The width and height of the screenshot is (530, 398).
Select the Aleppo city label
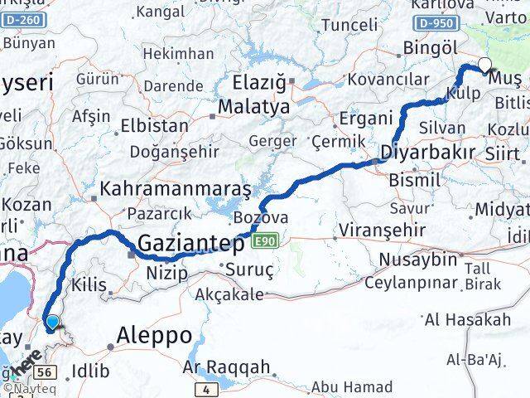click(x=155, y=336)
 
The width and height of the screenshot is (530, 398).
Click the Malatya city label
click(x=253, y=107)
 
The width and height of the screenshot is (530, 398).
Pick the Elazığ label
click(x=259, y=83)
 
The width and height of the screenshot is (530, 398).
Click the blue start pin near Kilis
click(x=53, y=323)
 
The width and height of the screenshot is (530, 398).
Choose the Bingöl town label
click(x=429, y=47)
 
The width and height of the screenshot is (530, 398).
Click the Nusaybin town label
click(x=417, y=260)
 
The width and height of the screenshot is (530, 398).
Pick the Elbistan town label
click(x=155, y=127)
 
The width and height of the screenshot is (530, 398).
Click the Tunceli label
click(x=349, y=26)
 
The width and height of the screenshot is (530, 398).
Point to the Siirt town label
click(x=504, y=154)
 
